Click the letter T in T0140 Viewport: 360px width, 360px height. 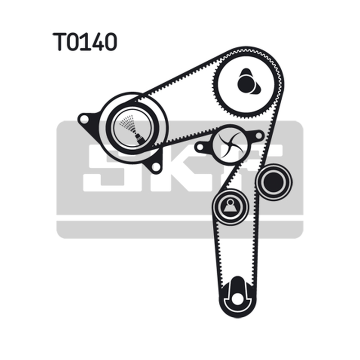(x=59, y=41)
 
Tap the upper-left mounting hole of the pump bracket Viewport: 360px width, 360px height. (x=84, y=119)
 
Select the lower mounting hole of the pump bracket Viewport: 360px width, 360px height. (x=156, y=166)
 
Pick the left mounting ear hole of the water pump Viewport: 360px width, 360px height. (x=200, y=147)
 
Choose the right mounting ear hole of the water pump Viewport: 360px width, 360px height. (x=259, y=136)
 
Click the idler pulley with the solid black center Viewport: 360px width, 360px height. (x=274, y=182)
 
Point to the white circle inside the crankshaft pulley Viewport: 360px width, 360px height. (x=237, y=299)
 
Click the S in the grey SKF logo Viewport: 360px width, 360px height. (x=106, y=168)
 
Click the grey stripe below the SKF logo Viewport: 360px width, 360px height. (x=180, y=229)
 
